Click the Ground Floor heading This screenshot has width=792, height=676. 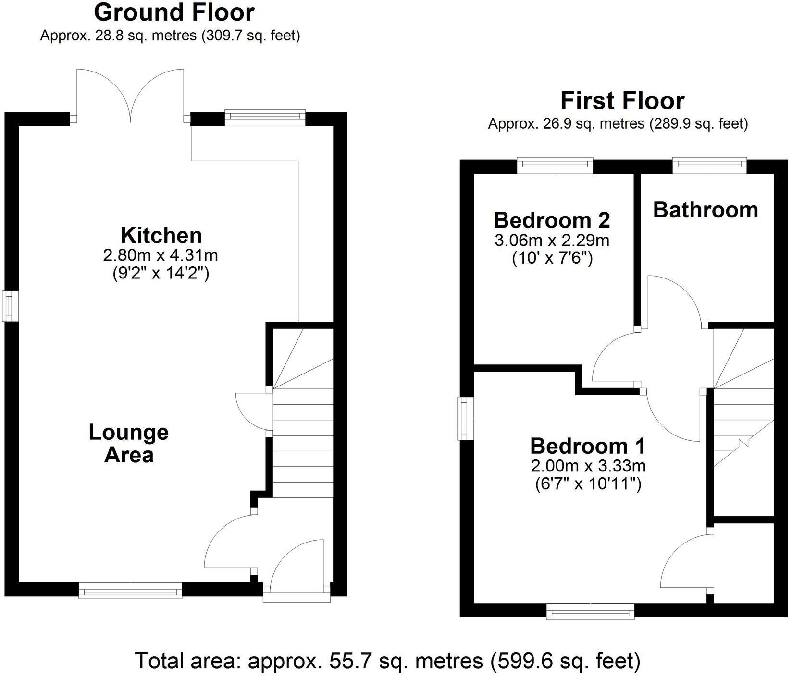tap(174, 12)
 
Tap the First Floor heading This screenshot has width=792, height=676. tap(622, 101)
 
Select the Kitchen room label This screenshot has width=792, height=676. tap(161, 236)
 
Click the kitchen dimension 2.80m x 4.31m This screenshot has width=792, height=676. tap(161, 255)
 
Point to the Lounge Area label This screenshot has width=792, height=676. tap(129, 444)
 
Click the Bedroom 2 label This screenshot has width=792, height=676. tap(552, 220)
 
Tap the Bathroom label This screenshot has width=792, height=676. tap(705, 210)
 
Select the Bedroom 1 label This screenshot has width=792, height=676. tap(588, 446)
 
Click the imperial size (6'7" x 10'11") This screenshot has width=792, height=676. tap(588, 484)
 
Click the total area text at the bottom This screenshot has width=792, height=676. tap(388, 661)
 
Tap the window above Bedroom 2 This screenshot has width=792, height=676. tap(555, 166)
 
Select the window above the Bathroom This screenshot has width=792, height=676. tap(709, 166)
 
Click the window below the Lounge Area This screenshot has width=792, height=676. tap(130, 590)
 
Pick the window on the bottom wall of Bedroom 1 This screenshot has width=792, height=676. tap(590, 611)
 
